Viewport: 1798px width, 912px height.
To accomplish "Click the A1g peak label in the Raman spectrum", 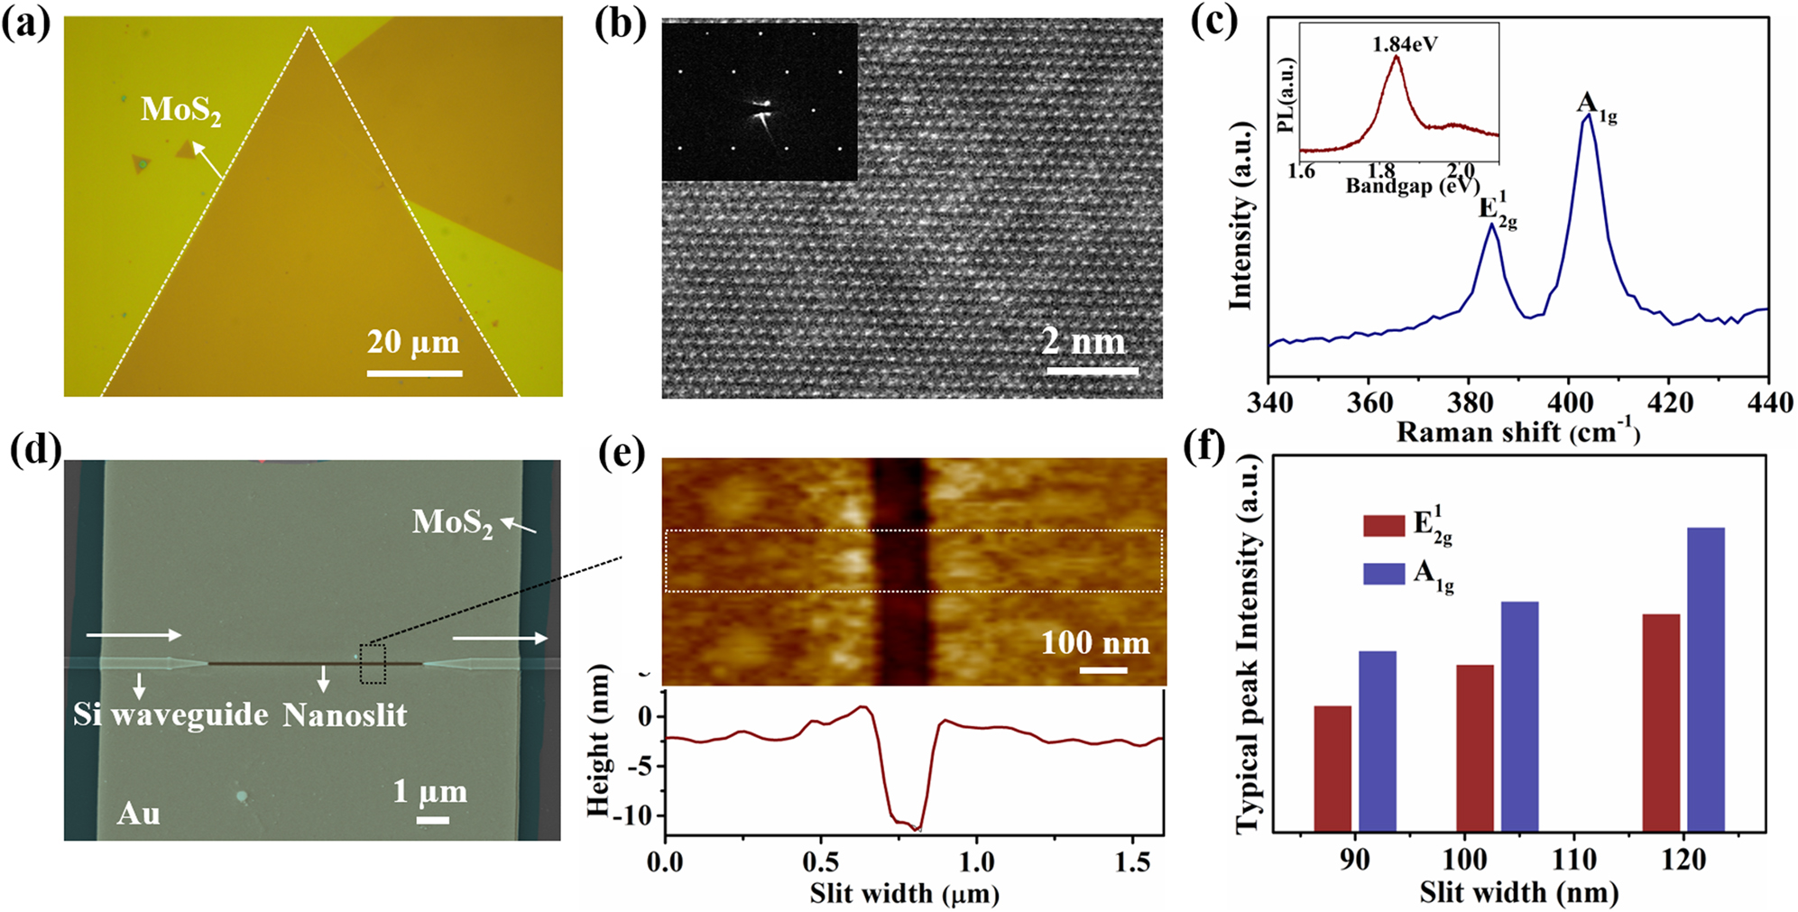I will pyautogui.click(x=1595, y=106).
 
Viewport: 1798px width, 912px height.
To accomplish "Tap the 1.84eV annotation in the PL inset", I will pyautogui.click(x=1405, y=43).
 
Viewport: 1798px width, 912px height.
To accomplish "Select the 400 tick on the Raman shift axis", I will pyautogui.click(x=1569, y=403).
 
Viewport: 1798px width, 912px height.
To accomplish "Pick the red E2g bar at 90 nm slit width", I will pyautogui.click(x=1332, y=768).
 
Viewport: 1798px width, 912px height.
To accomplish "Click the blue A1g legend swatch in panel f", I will pyautogui.click(x=1384, y=574).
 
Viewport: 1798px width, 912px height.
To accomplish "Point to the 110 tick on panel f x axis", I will pyautogui.click(x=1574, y=860).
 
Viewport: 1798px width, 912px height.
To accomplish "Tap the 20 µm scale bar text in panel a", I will pyautogui.click(x=413, y=342).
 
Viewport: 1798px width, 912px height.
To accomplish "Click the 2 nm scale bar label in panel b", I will pyautogui.click(x=1083, y=341).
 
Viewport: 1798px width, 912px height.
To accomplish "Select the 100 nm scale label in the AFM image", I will pyautogui.click(x=1095, y=642).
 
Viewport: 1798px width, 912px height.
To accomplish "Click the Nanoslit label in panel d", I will pyautogui.click(x=345, y=715).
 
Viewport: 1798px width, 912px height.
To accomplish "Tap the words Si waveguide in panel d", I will pyautogui.click(x=171, y=714).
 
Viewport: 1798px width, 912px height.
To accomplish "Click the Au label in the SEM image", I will pyautogui.click(x=138, y=814).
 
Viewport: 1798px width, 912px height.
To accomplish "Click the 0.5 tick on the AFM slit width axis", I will pyautogui.click(x=821, y=862).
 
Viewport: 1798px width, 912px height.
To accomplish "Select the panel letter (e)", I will pyautogui.click(x=622, y=455).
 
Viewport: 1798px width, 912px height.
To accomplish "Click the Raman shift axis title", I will pyautogui.click(x=1517, y=432).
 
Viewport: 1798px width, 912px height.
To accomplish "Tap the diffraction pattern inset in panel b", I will pyautogui.click(x=759, y=102).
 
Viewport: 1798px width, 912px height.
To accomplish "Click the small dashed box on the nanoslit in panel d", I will pyautogui.click(x=373, y=664).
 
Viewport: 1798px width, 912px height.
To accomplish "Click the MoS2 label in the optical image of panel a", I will pyautogui.click(x=180, y=110).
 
